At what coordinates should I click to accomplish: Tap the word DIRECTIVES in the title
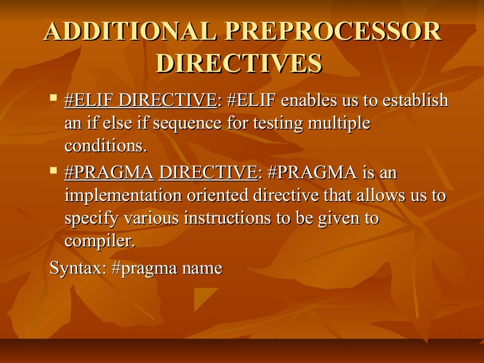point(239,64)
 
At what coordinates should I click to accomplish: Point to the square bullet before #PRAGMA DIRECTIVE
point(53,169)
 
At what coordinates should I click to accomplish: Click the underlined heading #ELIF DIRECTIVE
point(140,101)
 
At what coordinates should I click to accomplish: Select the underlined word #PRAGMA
point(109,173)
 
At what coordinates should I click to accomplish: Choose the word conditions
point(104,147)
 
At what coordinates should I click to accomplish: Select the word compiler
point(100,242)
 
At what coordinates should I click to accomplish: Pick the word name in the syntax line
point(203,269)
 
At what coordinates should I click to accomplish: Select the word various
point(151,219)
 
